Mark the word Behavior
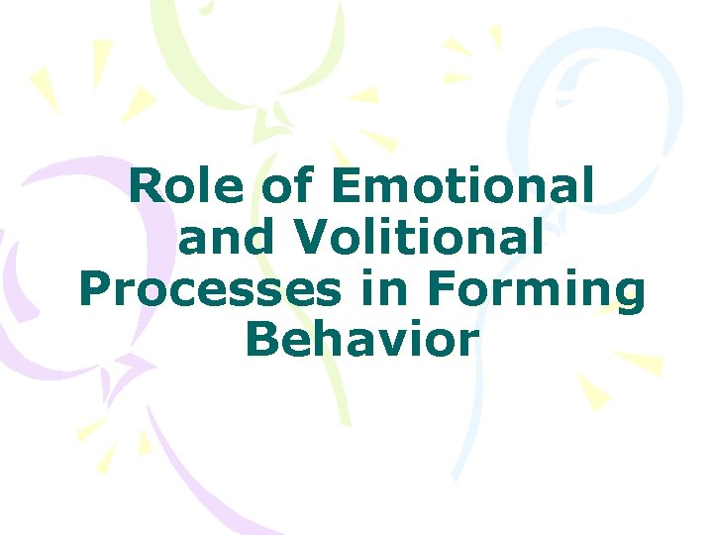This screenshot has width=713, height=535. point(361,340)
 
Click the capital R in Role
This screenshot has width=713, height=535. point(147,188)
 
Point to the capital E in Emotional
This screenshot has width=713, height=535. point(348,188)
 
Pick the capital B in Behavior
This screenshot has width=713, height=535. point(259,340)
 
